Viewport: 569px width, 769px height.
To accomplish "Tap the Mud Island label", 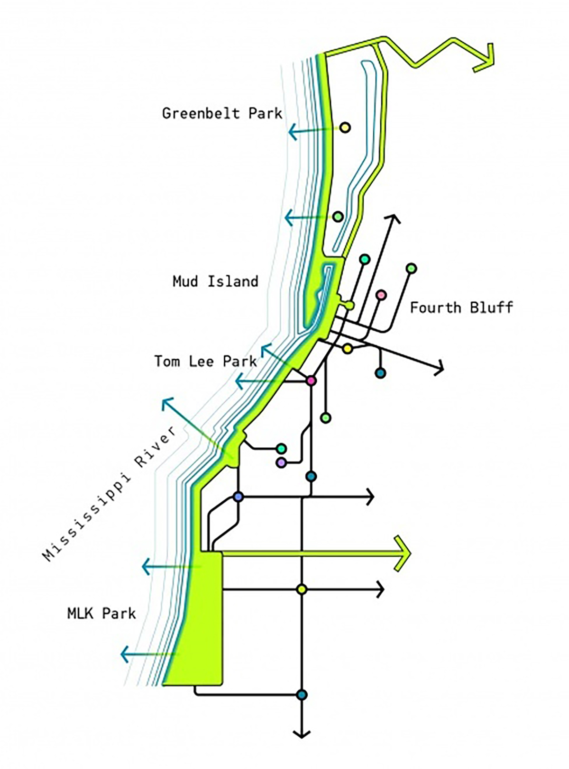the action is [215, 281].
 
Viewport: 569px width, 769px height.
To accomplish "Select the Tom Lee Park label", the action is [205, 361].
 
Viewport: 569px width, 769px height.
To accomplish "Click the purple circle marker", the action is [281, 462].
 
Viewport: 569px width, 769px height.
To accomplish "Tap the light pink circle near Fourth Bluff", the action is [381, 295].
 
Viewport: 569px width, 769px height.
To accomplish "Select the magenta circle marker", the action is [311, 381].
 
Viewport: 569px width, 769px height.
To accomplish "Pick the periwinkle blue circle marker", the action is [238, 497].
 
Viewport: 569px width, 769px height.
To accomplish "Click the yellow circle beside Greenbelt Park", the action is [345, 127].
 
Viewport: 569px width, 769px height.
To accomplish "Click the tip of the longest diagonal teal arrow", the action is [163, 399].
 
